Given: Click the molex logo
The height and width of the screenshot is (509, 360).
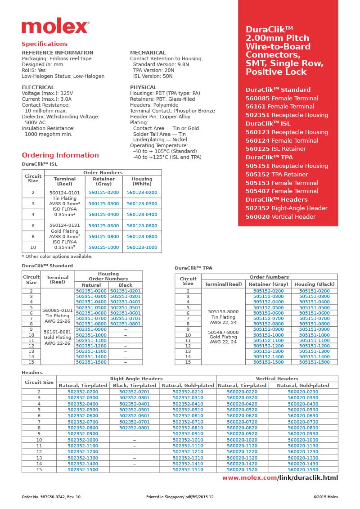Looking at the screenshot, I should point(55,27).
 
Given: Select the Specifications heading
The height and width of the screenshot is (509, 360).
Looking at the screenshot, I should point(45,44).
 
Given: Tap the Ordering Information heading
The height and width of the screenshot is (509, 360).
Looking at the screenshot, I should point(60,155).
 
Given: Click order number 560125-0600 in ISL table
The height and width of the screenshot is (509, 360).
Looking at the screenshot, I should point(103,225).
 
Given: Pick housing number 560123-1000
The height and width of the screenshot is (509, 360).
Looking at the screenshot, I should point(142,247).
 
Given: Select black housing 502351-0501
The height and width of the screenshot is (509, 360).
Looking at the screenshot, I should point(126,307).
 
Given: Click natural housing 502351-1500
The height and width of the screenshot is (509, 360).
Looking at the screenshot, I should point(91,362).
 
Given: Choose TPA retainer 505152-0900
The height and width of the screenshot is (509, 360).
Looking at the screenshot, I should point(268,329).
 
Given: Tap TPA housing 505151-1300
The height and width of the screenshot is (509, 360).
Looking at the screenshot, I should point(314,351).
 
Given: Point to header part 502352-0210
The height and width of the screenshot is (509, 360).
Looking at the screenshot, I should point(188,392).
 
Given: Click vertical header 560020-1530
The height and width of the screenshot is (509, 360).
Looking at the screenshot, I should point(302,469).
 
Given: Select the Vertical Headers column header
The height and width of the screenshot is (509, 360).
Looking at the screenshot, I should point(277,378).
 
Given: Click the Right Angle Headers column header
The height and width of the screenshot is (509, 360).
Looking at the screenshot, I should point(136,378).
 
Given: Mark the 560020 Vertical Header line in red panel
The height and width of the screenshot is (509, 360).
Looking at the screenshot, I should point(280,216).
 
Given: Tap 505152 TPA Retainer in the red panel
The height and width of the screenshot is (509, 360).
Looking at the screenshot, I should point(277,174).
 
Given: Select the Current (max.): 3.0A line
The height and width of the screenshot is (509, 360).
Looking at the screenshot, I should point(46,99).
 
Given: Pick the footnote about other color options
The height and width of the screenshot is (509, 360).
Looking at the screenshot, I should point(57,256).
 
